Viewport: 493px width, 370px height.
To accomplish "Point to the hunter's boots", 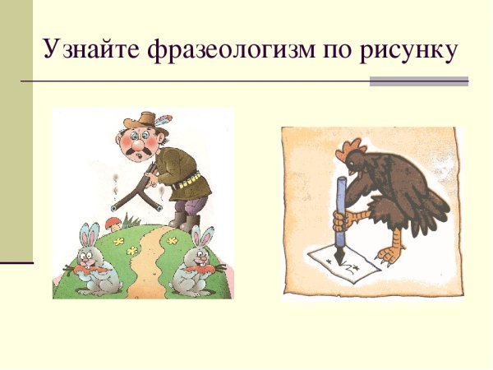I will [185, 222].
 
